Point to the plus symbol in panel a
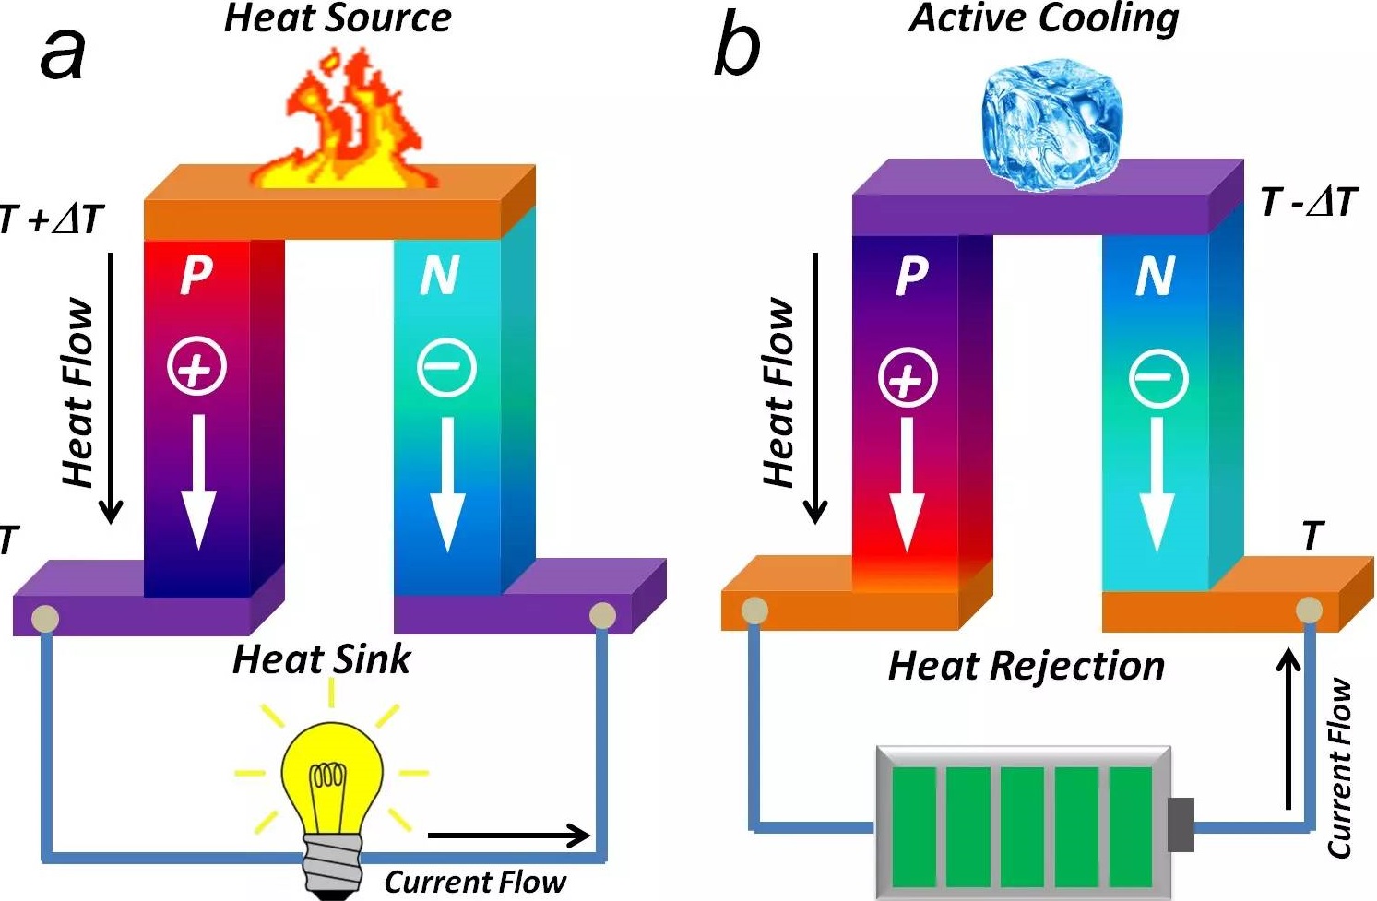196,366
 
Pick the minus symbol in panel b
1158,377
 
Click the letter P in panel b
911,275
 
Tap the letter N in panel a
439,274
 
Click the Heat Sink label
321,659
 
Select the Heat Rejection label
1026,666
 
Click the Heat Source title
338,18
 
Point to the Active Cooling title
1044,18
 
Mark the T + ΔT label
52,219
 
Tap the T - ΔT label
1309,201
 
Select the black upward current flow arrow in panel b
1288,729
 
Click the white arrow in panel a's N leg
447,484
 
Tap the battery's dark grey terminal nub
1181,824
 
